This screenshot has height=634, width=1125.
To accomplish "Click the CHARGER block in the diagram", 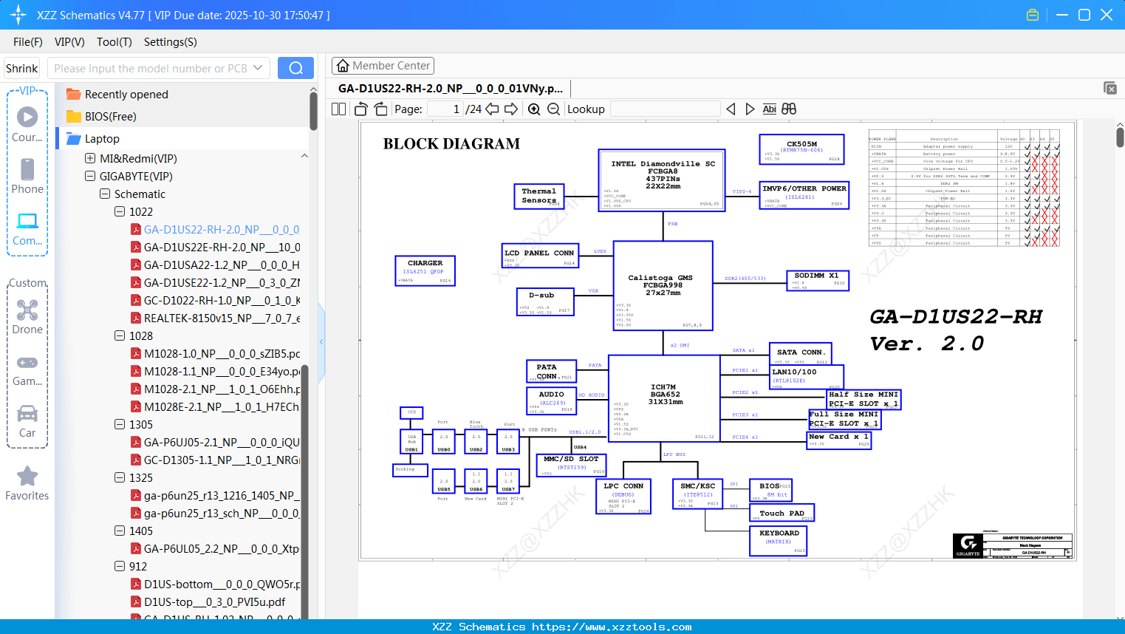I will click(425, 270).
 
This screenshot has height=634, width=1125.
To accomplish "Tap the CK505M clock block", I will click(801, 149).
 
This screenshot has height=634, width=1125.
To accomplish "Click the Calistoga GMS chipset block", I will click(663, 285).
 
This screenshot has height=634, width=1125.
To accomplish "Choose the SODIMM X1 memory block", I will click(817, 280).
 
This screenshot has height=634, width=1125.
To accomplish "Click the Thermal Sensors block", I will click(539, 196).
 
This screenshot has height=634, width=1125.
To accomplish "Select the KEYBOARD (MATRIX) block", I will click(779, 540).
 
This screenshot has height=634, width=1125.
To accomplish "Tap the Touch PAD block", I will click(782, 514).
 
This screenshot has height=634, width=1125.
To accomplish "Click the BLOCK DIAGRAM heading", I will click(451, 144).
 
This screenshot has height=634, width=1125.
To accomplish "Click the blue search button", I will click(295, 68).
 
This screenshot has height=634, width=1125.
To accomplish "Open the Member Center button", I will click(383, 66).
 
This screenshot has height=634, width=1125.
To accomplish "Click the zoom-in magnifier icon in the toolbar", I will click(534, 109).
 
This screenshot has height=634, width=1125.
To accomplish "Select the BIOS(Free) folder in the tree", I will click(110, 117).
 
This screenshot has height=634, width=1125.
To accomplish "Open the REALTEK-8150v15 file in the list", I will click(222, 318).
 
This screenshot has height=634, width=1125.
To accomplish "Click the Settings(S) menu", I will click(170, 42).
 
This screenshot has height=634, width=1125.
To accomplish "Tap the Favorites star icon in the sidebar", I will click(27, 477).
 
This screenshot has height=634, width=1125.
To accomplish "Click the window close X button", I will click(1107, 15).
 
